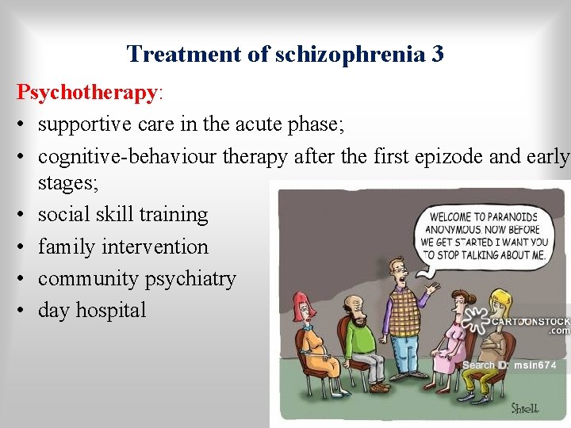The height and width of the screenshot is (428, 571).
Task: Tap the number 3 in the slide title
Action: pos(437,54)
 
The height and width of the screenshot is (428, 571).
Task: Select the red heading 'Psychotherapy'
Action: pos(87,93)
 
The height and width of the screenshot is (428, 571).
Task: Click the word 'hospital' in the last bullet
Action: pos(110,310)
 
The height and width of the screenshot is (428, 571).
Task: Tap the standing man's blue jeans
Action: pos(406,357)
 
